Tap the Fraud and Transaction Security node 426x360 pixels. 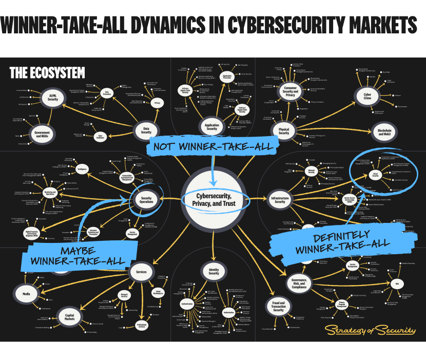point(278,307)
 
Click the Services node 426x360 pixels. point(141,272)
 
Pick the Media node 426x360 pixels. point(26,294)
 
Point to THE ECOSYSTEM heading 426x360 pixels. point(47,73)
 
